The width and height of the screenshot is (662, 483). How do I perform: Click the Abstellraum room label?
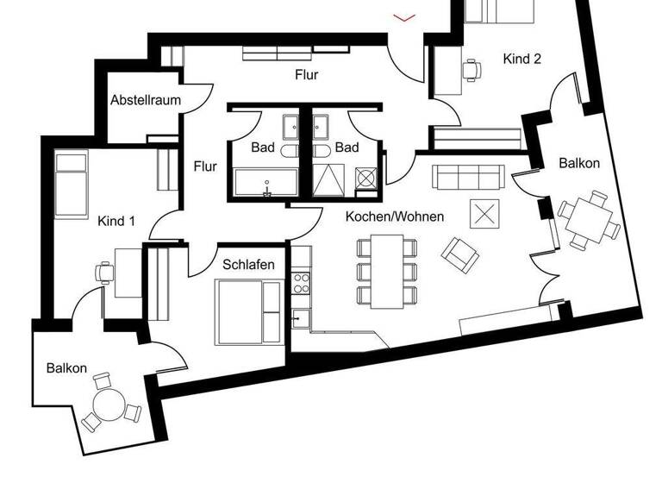click(x=145, y=100)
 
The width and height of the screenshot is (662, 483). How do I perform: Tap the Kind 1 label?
click(x=116, y=221)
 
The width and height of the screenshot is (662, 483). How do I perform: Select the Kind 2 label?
click(x=521, y=60)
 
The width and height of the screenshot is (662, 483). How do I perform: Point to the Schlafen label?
click(x=249, y=265)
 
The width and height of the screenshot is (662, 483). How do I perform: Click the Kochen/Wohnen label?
click(x=395, y=216)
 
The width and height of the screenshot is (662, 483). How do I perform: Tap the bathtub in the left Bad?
click(x=266, y=182)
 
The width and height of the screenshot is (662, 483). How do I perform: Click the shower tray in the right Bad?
click(x=330, y=182)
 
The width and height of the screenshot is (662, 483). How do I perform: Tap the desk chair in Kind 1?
click(x=105, y=271)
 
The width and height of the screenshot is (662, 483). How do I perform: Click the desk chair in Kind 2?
click(x=472, y=70)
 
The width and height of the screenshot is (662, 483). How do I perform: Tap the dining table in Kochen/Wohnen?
click(x=387, y=270)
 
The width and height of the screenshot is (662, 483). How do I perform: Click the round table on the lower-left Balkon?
click(x=108, y=406)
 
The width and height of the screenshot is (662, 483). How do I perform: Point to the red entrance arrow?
click(x=403, y=16)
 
